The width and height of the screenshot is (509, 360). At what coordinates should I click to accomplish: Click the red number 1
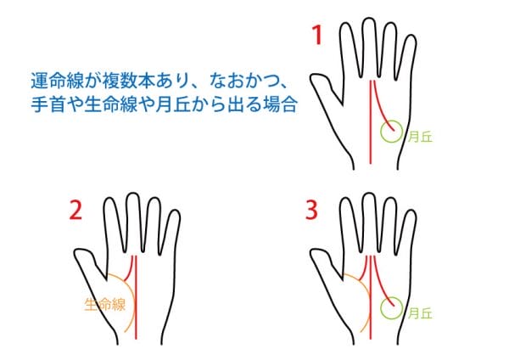click(317, 35)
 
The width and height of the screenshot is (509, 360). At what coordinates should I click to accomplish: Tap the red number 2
click(76, 211)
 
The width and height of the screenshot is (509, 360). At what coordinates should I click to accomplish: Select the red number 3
click(311, 210)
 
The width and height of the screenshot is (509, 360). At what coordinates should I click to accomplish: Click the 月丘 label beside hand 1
click(420, 137)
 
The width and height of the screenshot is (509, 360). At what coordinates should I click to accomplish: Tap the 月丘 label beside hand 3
click(420, 313)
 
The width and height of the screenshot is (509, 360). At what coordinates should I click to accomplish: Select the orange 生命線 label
click(104, 305)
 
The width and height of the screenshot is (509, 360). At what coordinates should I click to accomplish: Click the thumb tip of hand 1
click(312, 77)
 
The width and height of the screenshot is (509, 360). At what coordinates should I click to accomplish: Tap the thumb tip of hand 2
click(76, 252)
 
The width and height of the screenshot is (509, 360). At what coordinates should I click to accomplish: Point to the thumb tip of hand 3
click(312, 252)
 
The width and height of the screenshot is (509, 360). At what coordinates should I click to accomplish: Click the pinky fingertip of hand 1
click(411, 36)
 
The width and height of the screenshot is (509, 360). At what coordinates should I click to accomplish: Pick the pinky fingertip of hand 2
click(176, 211)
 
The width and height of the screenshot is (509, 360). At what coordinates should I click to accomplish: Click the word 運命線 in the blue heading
click(53, 82)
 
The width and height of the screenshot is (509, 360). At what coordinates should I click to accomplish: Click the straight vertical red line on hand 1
click(371, 121)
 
